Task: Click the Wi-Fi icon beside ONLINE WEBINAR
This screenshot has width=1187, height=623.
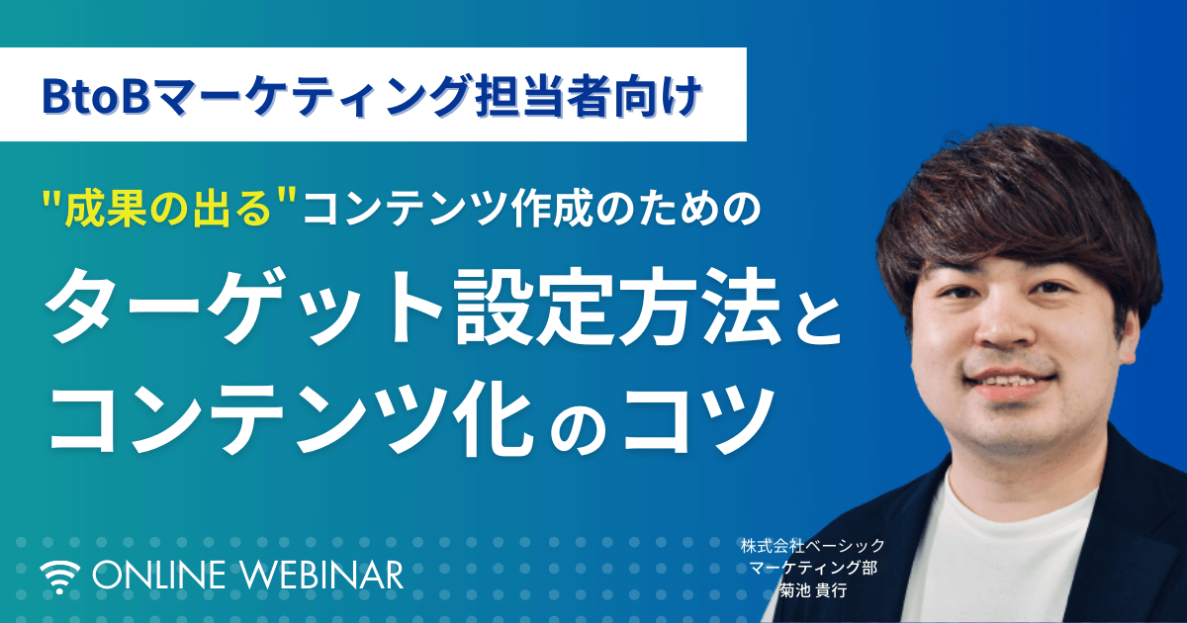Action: coord(60,577)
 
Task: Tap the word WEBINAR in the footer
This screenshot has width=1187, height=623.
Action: coord(322,576)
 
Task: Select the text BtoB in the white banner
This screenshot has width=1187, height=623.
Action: coord(94,97)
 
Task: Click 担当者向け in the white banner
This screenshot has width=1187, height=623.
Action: coord(589,97)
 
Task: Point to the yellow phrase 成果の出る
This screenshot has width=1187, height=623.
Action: coord(164,209)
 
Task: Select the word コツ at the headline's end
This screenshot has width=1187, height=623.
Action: coord(697,418)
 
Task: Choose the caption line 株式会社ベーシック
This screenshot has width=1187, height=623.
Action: coord(813,545)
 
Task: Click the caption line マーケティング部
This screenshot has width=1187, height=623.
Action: coord(814,568)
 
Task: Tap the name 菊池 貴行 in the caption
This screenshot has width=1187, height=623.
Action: coord(813,590)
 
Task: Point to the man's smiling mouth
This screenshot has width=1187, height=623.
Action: coord(1001,384)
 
